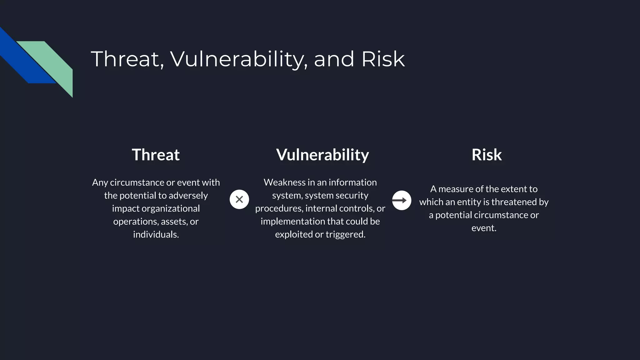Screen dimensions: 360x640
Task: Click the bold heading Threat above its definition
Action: (x=156, y=155)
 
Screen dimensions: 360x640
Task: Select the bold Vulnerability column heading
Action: (x=322, y=155)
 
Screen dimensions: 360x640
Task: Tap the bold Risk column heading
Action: (x=487, y=155)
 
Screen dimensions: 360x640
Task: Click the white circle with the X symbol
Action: (x=239, y=199)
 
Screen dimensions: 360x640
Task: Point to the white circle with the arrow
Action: (x=402, y=200)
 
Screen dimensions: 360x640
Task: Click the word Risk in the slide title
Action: (x=383, y=59)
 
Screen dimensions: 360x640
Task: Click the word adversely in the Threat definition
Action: (x=188, y=196)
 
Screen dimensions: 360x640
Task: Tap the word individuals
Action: (x=156, y=234)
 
